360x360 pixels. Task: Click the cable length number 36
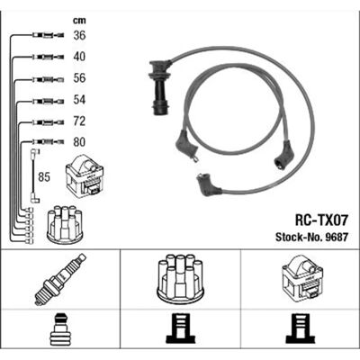[79, 35]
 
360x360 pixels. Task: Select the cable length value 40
[79, 57]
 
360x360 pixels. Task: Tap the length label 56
[79, 78]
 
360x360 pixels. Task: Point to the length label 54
[79, 100]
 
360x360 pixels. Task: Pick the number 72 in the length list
[79, 121]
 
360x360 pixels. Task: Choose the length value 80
[79, 142]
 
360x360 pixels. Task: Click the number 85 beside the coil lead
[44, 177]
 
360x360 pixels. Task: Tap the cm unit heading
[79, 21]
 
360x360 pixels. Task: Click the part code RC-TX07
[321, 221]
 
